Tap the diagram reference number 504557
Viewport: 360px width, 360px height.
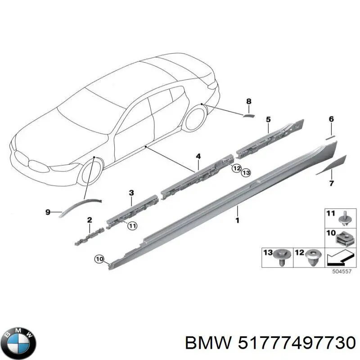[x=342, y=271]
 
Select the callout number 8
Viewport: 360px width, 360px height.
[x=249, y=101]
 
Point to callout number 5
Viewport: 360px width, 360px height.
[x=268, y=119]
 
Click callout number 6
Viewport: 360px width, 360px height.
[x=331, y=119]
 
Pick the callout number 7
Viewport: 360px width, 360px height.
[x=331, y=183]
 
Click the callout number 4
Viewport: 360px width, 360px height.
[x=198, y=157]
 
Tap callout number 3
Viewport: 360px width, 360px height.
[x=131, y=193]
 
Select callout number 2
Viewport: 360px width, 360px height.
[x=90, y=220]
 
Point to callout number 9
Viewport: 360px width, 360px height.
[x=48, y=212]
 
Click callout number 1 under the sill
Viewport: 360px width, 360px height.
[x=238, y=220]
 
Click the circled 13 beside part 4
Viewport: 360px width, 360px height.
[x=246, y=172]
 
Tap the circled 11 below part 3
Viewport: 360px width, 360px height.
[x=132, y=226]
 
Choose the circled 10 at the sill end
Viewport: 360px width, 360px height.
[x=99, y=260]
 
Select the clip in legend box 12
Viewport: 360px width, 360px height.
[x=314, y=257]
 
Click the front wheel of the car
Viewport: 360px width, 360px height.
[x=90, y=170]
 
